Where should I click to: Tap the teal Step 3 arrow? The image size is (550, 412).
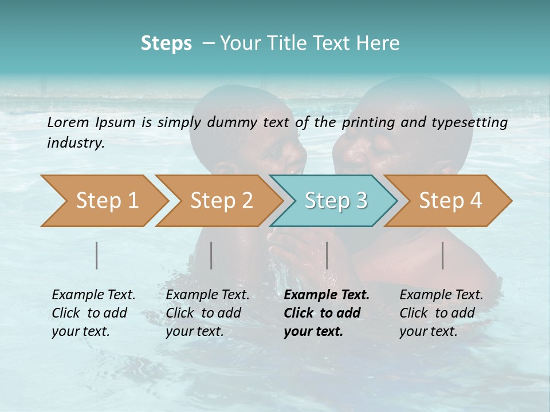(x=336, y=200)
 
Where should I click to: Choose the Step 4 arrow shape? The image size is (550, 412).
(x=450, y=200)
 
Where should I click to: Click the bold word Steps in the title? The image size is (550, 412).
(x=166, y=43)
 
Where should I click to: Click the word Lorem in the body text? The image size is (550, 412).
(x=68, y=122)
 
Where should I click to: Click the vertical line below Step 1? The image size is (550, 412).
(x=97, y=255)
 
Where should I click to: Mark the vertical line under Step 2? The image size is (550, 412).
(x=211, y=255)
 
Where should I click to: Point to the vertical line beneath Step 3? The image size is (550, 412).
(x=327, y=255)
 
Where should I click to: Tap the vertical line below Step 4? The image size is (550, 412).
(x=443, y=255)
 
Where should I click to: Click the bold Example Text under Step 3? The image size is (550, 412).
(x=327, y=295)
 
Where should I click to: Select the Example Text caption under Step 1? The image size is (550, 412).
(x=93, y=295)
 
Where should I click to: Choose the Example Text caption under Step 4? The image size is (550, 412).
(x=441, y=295)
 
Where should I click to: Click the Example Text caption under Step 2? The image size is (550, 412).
(x=207, y=295)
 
